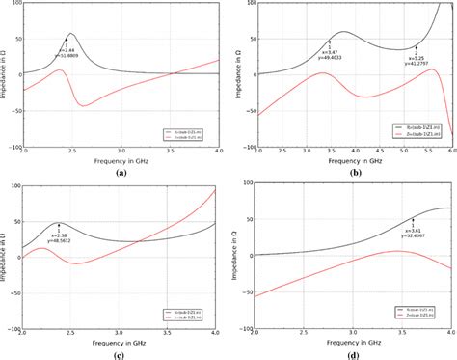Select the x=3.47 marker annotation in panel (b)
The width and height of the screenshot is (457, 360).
coord(329,53)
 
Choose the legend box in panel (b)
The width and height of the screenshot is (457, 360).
coord(423,130)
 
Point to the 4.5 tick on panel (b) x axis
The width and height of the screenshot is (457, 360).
coord(377,152)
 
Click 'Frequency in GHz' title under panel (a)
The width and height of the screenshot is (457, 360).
coord(121,161)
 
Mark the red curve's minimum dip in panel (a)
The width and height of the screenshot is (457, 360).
coord(84,106)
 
